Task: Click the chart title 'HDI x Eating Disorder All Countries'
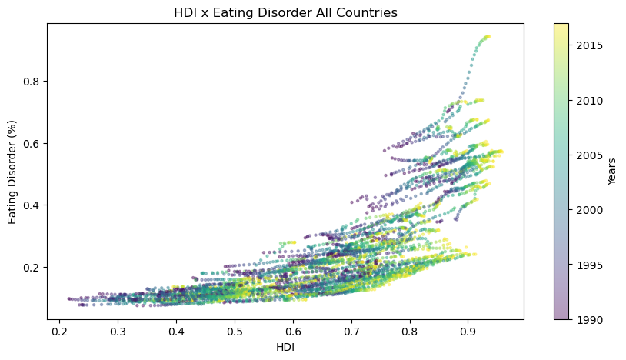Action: click(285, 12)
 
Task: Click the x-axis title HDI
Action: click(285, 348)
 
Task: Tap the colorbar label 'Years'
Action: click(611, 171)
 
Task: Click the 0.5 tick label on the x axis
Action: click(235, 332)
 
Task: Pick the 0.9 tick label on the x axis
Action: click(468, 332)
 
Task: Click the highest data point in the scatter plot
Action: click(488, 36)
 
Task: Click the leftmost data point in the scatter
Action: click(69, 298)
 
